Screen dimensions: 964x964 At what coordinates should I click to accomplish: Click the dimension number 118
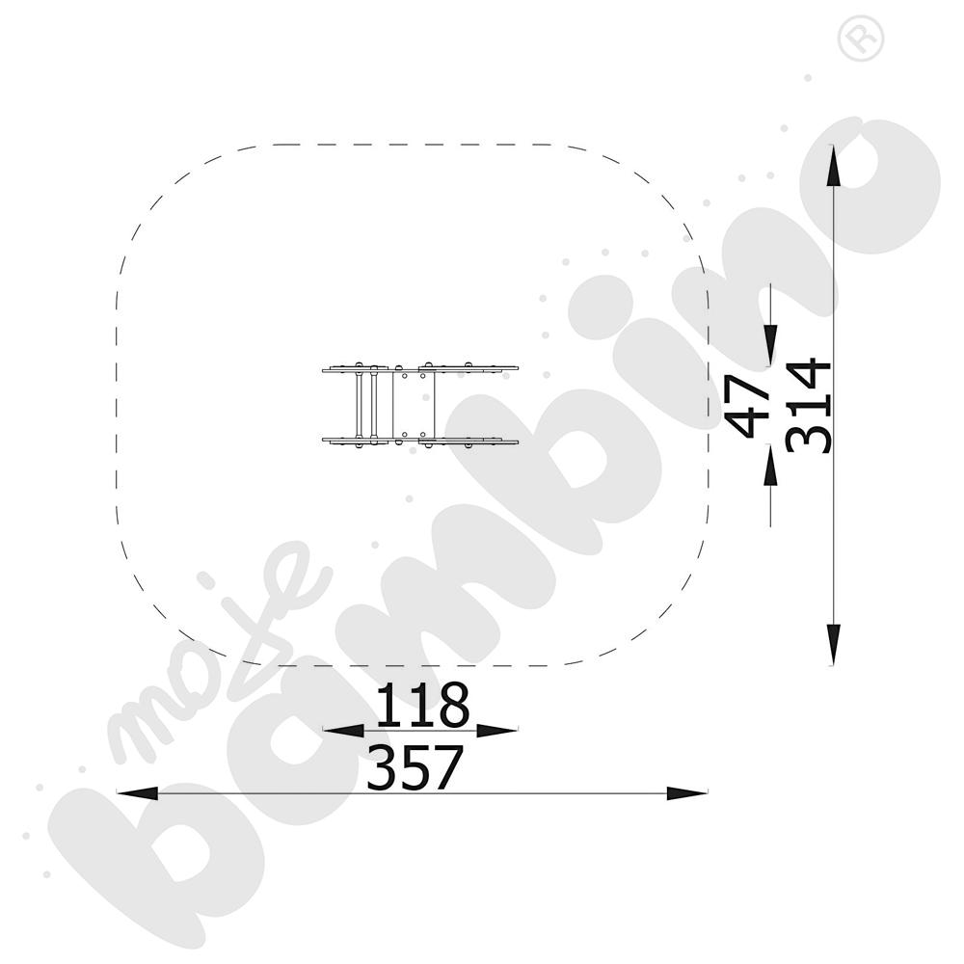tap(422, 704)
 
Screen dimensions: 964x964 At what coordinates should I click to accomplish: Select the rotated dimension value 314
tap(809, 406)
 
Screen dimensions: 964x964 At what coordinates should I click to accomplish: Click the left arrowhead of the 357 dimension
tap(137, 793)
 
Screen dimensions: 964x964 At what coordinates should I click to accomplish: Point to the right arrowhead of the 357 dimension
tap(687, 793)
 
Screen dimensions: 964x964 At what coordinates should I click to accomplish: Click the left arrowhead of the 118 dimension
tap(343, 731)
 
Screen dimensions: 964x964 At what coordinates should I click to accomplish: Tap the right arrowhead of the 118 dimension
tap(497, 731)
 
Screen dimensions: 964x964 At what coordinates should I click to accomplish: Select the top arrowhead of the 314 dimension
tap(833, 165)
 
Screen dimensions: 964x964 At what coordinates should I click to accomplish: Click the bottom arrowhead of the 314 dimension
tap(833, 644)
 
